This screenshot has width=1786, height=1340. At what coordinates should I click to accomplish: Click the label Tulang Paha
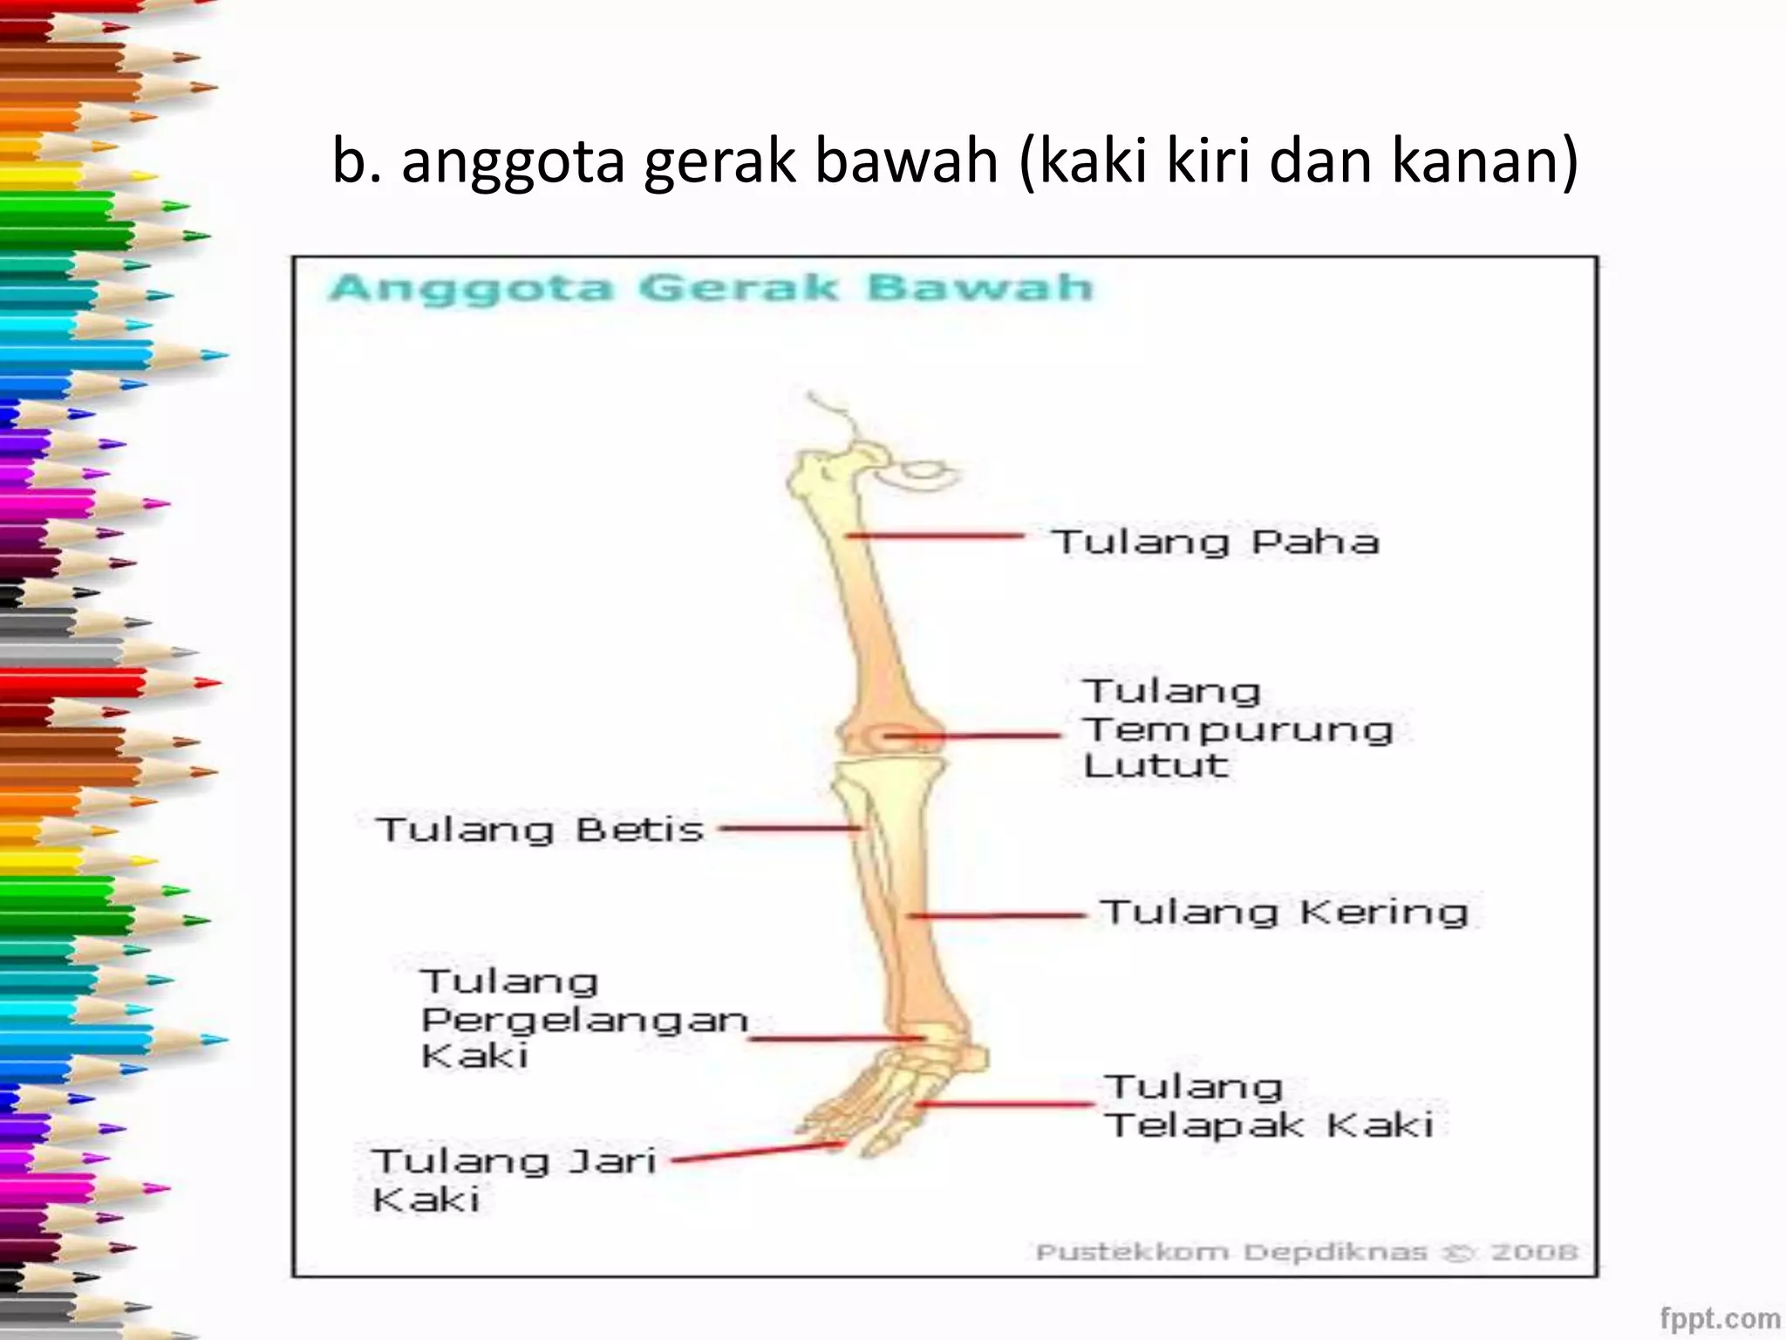click(1215, 542)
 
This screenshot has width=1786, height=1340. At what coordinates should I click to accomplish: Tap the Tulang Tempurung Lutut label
click(1237, 728)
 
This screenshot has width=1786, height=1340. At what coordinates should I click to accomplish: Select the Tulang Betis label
click(539, 829)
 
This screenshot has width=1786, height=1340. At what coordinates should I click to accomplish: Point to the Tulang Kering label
click(1284, 913)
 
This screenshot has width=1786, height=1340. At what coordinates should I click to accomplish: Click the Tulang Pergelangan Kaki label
click(583, 1019)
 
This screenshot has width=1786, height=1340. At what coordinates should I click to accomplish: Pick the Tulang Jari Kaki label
click(513, 1179)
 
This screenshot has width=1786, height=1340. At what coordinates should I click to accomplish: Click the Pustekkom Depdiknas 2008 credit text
click(1305, 1252)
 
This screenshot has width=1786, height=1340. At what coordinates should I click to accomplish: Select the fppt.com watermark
click(1719, 1317)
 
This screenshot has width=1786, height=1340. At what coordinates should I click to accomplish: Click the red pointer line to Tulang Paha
click(935, 535)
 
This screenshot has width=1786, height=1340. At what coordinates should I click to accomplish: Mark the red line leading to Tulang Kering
click(996, 915)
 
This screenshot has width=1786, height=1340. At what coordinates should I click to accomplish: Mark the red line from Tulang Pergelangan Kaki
click(835, 1038)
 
